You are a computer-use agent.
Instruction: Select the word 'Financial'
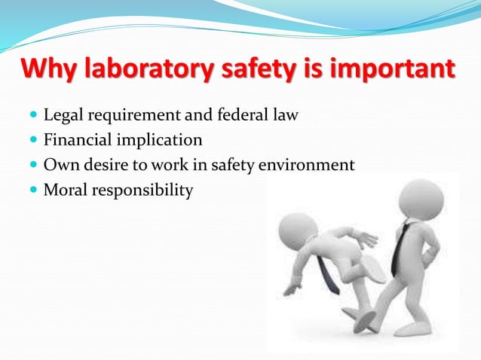click(78, 140)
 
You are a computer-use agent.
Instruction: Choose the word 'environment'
click(307, 165)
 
